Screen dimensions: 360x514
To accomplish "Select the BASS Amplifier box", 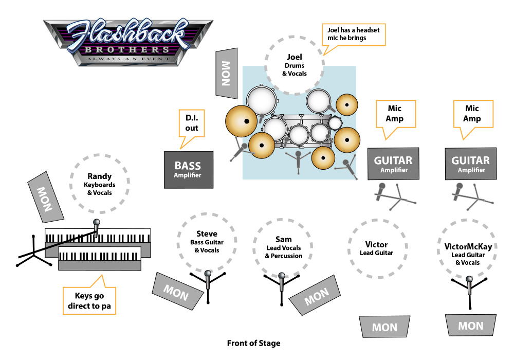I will point(188,169).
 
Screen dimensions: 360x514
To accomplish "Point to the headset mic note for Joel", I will point(353,34).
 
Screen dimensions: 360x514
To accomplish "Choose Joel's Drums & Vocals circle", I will point(295,65).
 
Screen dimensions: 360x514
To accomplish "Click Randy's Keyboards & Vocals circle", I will point(100,185).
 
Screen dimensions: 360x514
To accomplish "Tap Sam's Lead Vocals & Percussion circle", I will point(283,247).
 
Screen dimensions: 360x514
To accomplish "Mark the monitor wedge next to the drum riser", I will point(226,73).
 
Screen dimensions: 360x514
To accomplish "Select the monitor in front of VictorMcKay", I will point(470,325).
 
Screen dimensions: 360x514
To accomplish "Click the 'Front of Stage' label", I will point(254,343).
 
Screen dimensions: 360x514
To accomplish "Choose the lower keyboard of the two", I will point(100,258).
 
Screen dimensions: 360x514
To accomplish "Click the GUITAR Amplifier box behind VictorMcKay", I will point(471,164).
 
